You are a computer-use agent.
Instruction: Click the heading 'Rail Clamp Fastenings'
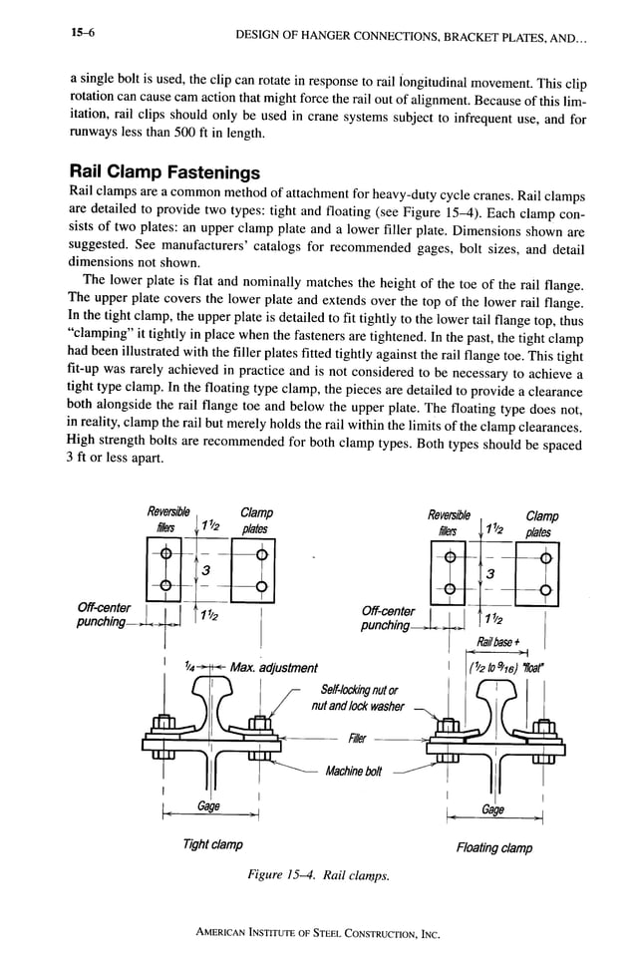click(x=164, y=171)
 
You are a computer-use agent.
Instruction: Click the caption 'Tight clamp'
click(x=213, y=844)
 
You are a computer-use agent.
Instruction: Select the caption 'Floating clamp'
click(x=493, y=848)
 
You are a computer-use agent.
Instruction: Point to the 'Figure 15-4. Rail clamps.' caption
click(x=320, y=876)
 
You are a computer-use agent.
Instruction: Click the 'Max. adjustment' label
click(x=273, y=667)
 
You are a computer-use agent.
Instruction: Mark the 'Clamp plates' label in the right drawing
click(x=541, y=524)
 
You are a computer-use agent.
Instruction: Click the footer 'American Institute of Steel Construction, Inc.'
click(x=317, y=934)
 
